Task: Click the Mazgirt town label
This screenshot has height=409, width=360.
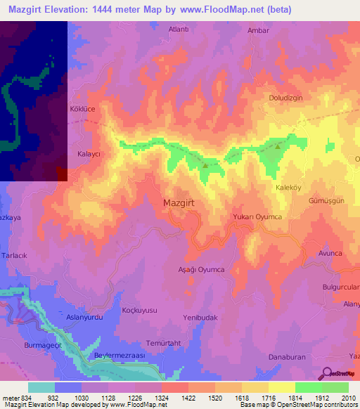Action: point(180,203)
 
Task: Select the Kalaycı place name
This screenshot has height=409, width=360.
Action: point(89,152)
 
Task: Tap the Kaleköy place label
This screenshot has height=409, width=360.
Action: point(288,188)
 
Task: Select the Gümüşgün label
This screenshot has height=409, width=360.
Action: point(326,200)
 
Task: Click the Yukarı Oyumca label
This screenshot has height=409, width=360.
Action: point(257,217)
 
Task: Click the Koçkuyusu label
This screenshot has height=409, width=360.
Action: point(139,310)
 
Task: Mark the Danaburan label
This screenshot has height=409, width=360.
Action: point(287,357)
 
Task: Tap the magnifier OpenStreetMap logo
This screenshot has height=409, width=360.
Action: point(326,373)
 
